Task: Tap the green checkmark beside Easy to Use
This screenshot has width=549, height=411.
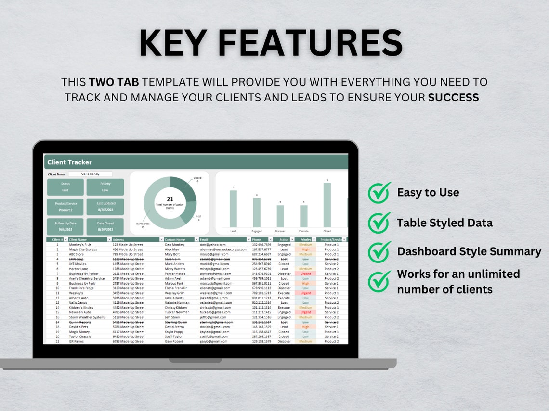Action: coord(379,193)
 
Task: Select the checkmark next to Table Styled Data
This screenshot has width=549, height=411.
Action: coord(379,223)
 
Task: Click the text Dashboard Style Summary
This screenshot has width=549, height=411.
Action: coord(469,251)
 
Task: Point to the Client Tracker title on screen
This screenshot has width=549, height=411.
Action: coord(69,162)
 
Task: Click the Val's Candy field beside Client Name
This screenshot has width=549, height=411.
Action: coord(90,174)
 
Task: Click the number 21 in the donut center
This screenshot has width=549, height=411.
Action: coord(170,199)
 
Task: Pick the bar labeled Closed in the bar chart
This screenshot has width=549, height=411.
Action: coord(327,205)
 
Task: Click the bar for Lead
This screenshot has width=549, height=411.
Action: coord(233,209)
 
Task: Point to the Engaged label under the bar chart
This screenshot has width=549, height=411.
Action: coord(256,231)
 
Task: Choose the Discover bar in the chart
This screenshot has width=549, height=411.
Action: coord(280,216)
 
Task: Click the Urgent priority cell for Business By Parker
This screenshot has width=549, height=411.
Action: coord(305,274)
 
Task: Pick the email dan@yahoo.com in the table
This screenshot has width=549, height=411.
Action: coord(212,245)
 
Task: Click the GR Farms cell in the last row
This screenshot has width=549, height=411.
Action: coord(77,341)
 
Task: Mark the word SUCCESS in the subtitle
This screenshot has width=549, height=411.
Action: coord(453,98)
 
